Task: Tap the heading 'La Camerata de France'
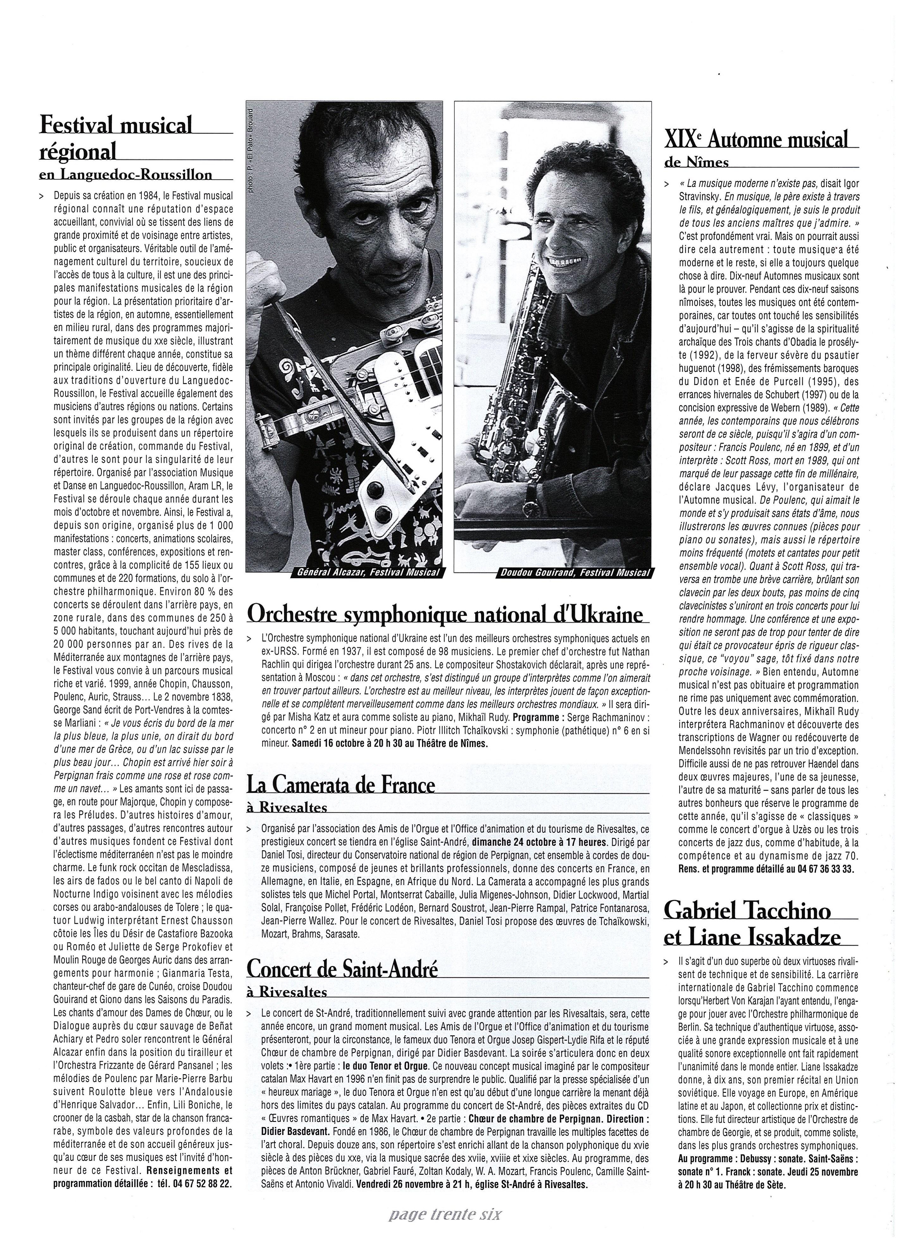coord(340,784)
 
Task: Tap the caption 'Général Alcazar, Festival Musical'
coord(368,572)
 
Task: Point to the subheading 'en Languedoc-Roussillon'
coord(126,175)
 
